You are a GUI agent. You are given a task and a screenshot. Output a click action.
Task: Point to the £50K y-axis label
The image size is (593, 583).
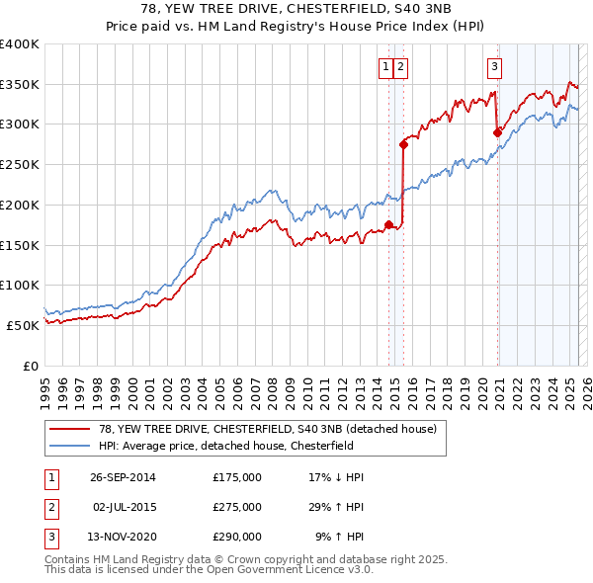click(x=22, y=325)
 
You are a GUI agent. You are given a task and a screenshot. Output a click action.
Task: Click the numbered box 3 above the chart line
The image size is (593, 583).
click(x=493, y=67)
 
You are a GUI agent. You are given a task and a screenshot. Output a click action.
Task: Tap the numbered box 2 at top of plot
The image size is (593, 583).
click(x=401, y=67)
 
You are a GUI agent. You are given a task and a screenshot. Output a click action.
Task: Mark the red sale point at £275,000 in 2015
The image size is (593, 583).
click(x=403, y=144)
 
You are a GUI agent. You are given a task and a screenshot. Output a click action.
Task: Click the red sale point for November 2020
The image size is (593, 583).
click(x=497, y=132)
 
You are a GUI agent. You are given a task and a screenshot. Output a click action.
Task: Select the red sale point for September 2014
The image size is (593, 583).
click(x=389, y=224)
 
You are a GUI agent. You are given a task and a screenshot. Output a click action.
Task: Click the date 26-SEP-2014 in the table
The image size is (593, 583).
click(x=123, y=477)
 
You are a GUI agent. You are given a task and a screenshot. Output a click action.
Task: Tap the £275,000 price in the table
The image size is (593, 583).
click(x=237, y=507)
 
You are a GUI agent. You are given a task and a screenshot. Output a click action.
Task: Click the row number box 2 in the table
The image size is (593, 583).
click(x=49, y=507)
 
